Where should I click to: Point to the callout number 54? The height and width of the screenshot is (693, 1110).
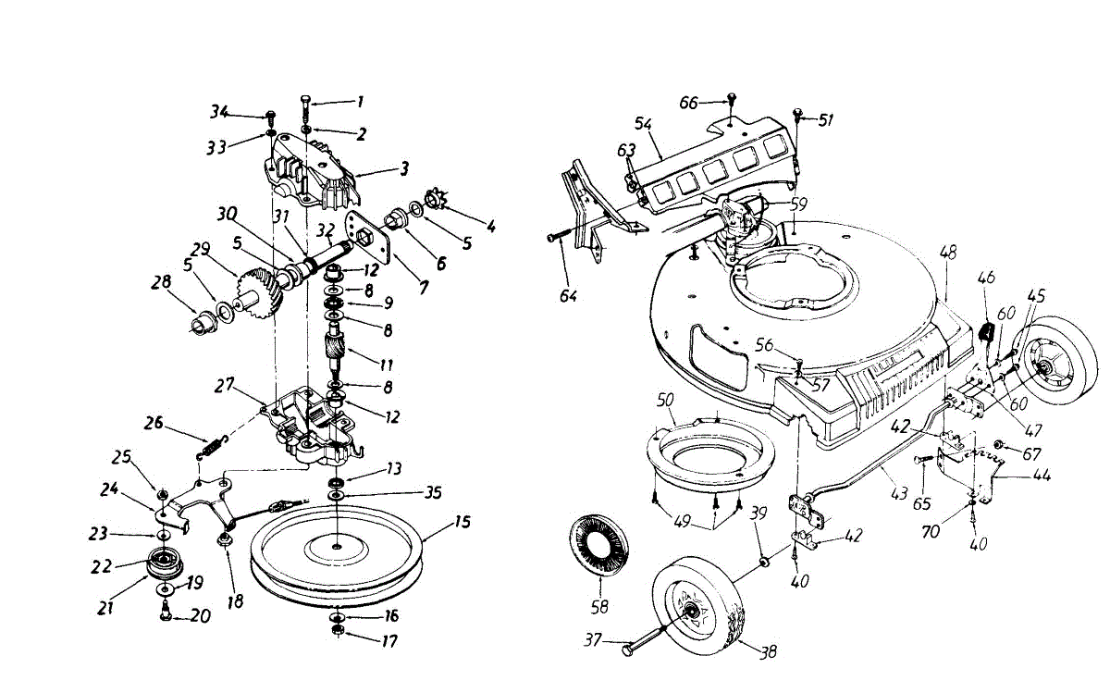tap(644, 123)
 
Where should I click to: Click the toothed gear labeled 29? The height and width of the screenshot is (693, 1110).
tap(265, 292)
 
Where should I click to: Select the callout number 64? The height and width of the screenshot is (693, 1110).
tap(568, 296)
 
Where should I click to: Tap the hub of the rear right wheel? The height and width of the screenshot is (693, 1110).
tap(1050, 369)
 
